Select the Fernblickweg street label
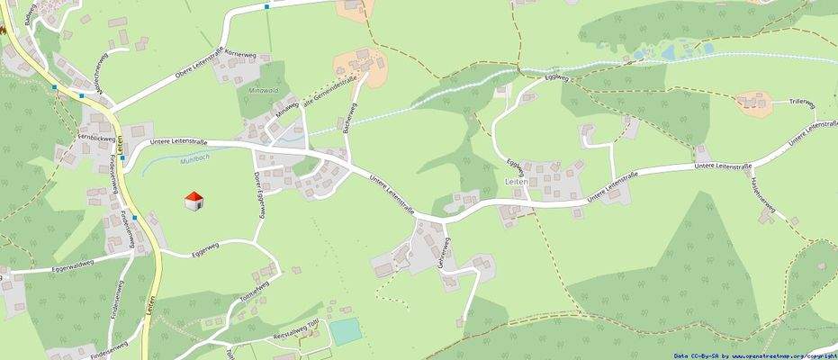(x=96, y=138)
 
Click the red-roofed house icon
(x=193, y=201)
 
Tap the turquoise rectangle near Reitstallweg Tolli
(x=345, y=331)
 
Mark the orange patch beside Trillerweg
(x=754, y=102)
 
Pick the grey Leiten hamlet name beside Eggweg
(x=517, y=182)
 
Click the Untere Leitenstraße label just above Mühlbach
(x=178, y=141)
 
